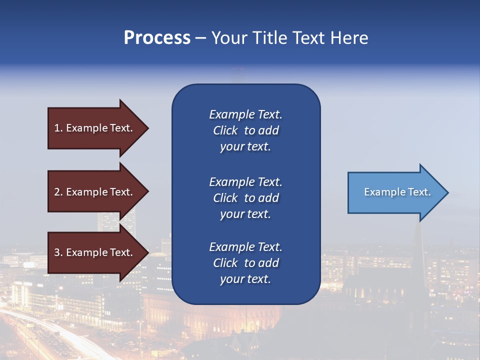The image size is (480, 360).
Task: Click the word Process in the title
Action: [157, 38]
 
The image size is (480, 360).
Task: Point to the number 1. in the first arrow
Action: [58, 128]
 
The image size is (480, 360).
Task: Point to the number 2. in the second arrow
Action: [58, 192]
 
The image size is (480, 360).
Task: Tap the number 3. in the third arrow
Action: [58, 252]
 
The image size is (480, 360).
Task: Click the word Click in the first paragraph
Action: [225, 130]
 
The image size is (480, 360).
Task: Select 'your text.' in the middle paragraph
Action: [245, 214]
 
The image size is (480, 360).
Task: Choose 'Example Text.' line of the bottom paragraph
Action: [245, 247]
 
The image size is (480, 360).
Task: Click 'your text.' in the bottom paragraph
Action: [245, 279]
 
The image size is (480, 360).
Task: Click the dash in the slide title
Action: [200, 38]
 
